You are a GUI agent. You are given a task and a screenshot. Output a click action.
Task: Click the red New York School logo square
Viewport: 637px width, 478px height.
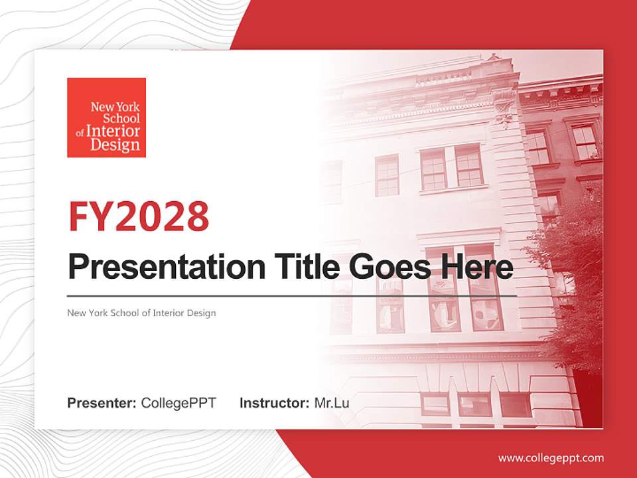[106, 118]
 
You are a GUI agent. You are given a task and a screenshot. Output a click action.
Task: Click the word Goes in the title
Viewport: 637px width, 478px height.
[389, 267]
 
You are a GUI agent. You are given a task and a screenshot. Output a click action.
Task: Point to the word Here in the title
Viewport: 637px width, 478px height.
[476, 267]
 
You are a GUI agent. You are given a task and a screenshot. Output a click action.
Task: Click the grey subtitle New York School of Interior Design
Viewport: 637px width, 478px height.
[141, 313]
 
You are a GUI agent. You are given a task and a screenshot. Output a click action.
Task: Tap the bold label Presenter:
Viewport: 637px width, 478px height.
[102, 403]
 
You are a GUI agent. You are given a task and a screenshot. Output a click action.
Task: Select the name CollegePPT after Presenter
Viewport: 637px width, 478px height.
[178, 403]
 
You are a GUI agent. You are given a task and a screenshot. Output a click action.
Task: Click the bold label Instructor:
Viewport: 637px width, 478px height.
[274, 403]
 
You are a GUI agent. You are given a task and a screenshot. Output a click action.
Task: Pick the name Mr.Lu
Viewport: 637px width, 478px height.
[332, 403]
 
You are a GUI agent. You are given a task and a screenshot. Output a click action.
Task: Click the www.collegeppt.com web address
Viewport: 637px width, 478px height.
[551, 458]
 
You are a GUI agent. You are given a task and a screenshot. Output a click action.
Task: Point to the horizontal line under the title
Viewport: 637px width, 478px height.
[292, 295]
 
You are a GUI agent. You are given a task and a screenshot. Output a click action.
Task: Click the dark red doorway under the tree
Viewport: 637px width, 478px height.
[587, 398]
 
